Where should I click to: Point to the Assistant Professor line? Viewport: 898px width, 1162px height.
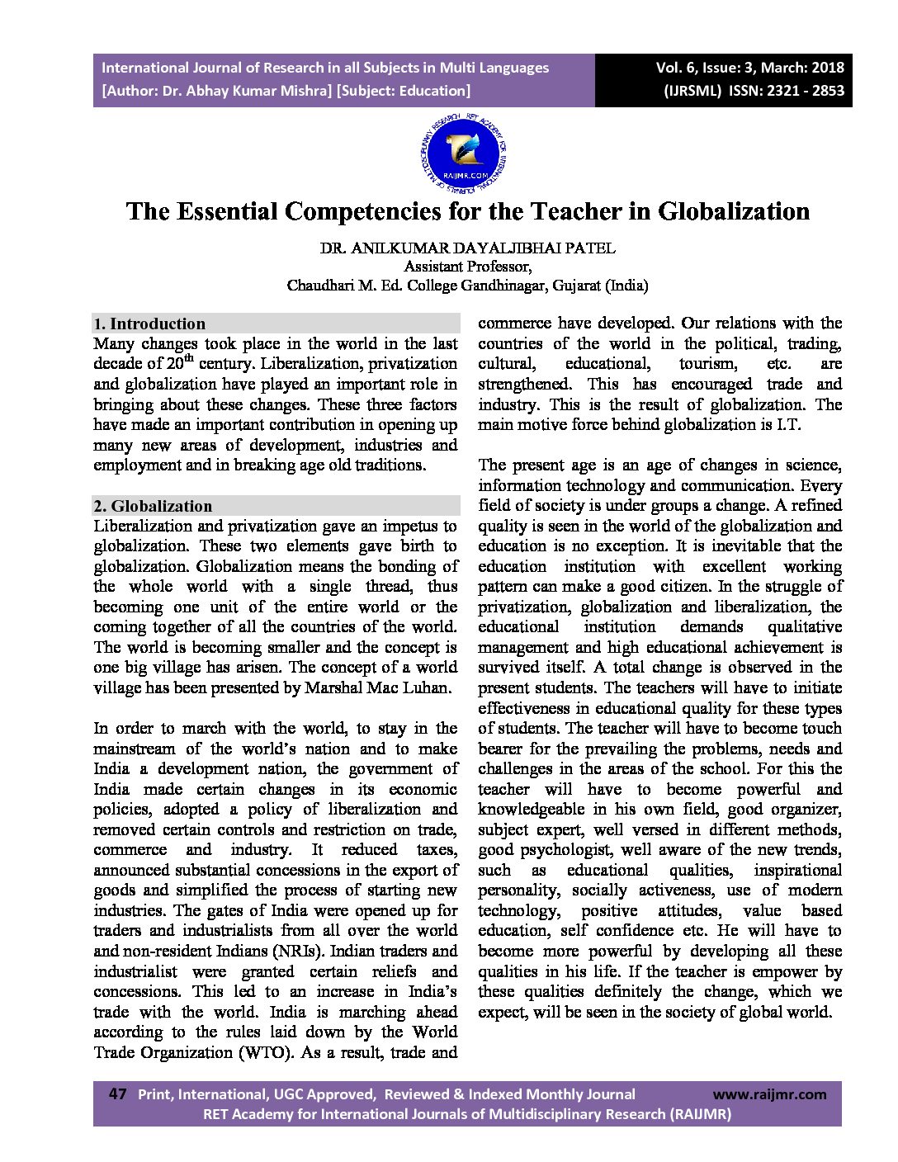coord(467,267)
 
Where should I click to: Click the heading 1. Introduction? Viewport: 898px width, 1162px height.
coord(149,324)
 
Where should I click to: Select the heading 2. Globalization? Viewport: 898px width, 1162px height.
coord(153,506)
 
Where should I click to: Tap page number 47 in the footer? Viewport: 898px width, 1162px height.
coord(117,1094)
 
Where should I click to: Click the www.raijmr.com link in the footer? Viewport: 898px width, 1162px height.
coord(769,1094)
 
